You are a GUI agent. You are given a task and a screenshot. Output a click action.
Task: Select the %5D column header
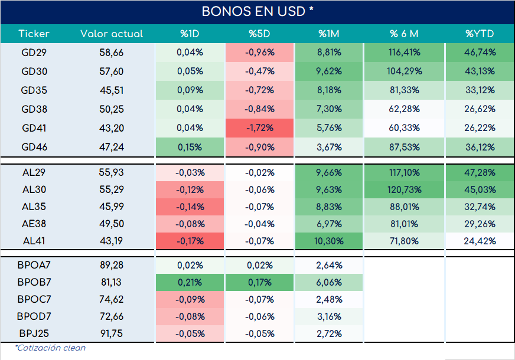pyautogui.click(x=259, y=34)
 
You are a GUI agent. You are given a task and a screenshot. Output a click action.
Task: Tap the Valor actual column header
pyautogui.click(x=112, y=34)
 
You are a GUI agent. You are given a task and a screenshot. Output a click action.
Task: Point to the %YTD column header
pyautogui.click(x=480, y=34)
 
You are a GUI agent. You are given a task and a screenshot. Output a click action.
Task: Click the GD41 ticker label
pyautogui.click(x=34, y=127)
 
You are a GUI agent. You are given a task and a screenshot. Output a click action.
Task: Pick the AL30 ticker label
pyautogui.click(x=34, y=189)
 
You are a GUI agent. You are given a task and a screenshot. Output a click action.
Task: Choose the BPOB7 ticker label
pyautogui.click(x=34, y=282)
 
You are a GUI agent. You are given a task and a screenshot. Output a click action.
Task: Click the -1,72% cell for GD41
pyautogui.click(x=259, y=127)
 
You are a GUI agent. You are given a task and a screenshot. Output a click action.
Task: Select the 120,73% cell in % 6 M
pyautogui.click(x=405, y=189)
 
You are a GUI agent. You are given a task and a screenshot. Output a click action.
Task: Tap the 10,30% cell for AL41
pyautogui.click(x=329, y=241)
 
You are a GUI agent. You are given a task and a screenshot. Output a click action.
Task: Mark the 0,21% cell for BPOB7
pyautogui.click(x=190, y=282)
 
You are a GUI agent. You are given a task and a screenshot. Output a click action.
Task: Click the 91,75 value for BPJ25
pyautogui.click(x=112, y=333)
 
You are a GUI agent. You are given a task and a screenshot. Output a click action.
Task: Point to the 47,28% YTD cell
pyautogui.click(x=480, y=172)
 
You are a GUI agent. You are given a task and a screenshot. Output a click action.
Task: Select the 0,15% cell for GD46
pyautogui.click(x=190, y=147)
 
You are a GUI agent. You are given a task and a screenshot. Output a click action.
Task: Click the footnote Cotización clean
pyautogui.click(x=50, y=348)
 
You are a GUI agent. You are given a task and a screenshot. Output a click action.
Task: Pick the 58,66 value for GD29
pyautogui.click(x=112, y=53)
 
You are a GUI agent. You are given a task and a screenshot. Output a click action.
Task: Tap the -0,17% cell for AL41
pyautogui.click(x=190, y=241)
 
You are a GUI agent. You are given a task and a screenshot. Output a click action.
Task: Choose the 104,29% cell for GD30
pyautogui.click(x=405, y=71)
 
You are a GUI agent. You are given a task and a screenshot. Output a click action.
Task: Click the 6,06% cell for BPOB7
pyautogui.click(x=329, y=282)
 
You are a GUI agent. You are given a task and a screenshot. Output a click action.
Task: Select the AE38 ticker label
pyautogui.click(x=34, y=224)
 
